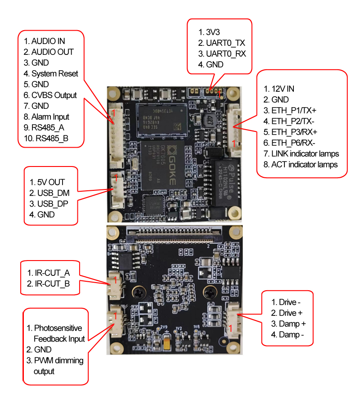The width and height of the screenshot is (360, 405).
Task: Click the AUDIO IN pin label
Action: point(49,41)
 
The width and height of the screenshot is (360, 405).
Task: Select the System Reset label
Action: point(54,73)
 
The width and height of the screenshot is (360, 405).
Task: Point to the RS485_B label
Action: point(50,138)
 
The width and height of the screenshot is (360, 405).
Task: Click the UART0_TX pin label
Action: point(225,43)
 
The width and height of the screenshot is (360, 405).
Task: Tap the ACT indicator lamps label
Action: point(304,164)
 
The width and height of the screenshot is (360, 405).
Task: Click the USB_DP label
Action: point(50,204)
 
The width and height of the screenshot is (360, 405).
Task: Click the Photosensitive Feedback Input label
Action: point(59,333)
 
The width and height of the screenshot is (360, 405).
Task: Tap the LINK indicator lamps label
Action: point(305,153)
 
